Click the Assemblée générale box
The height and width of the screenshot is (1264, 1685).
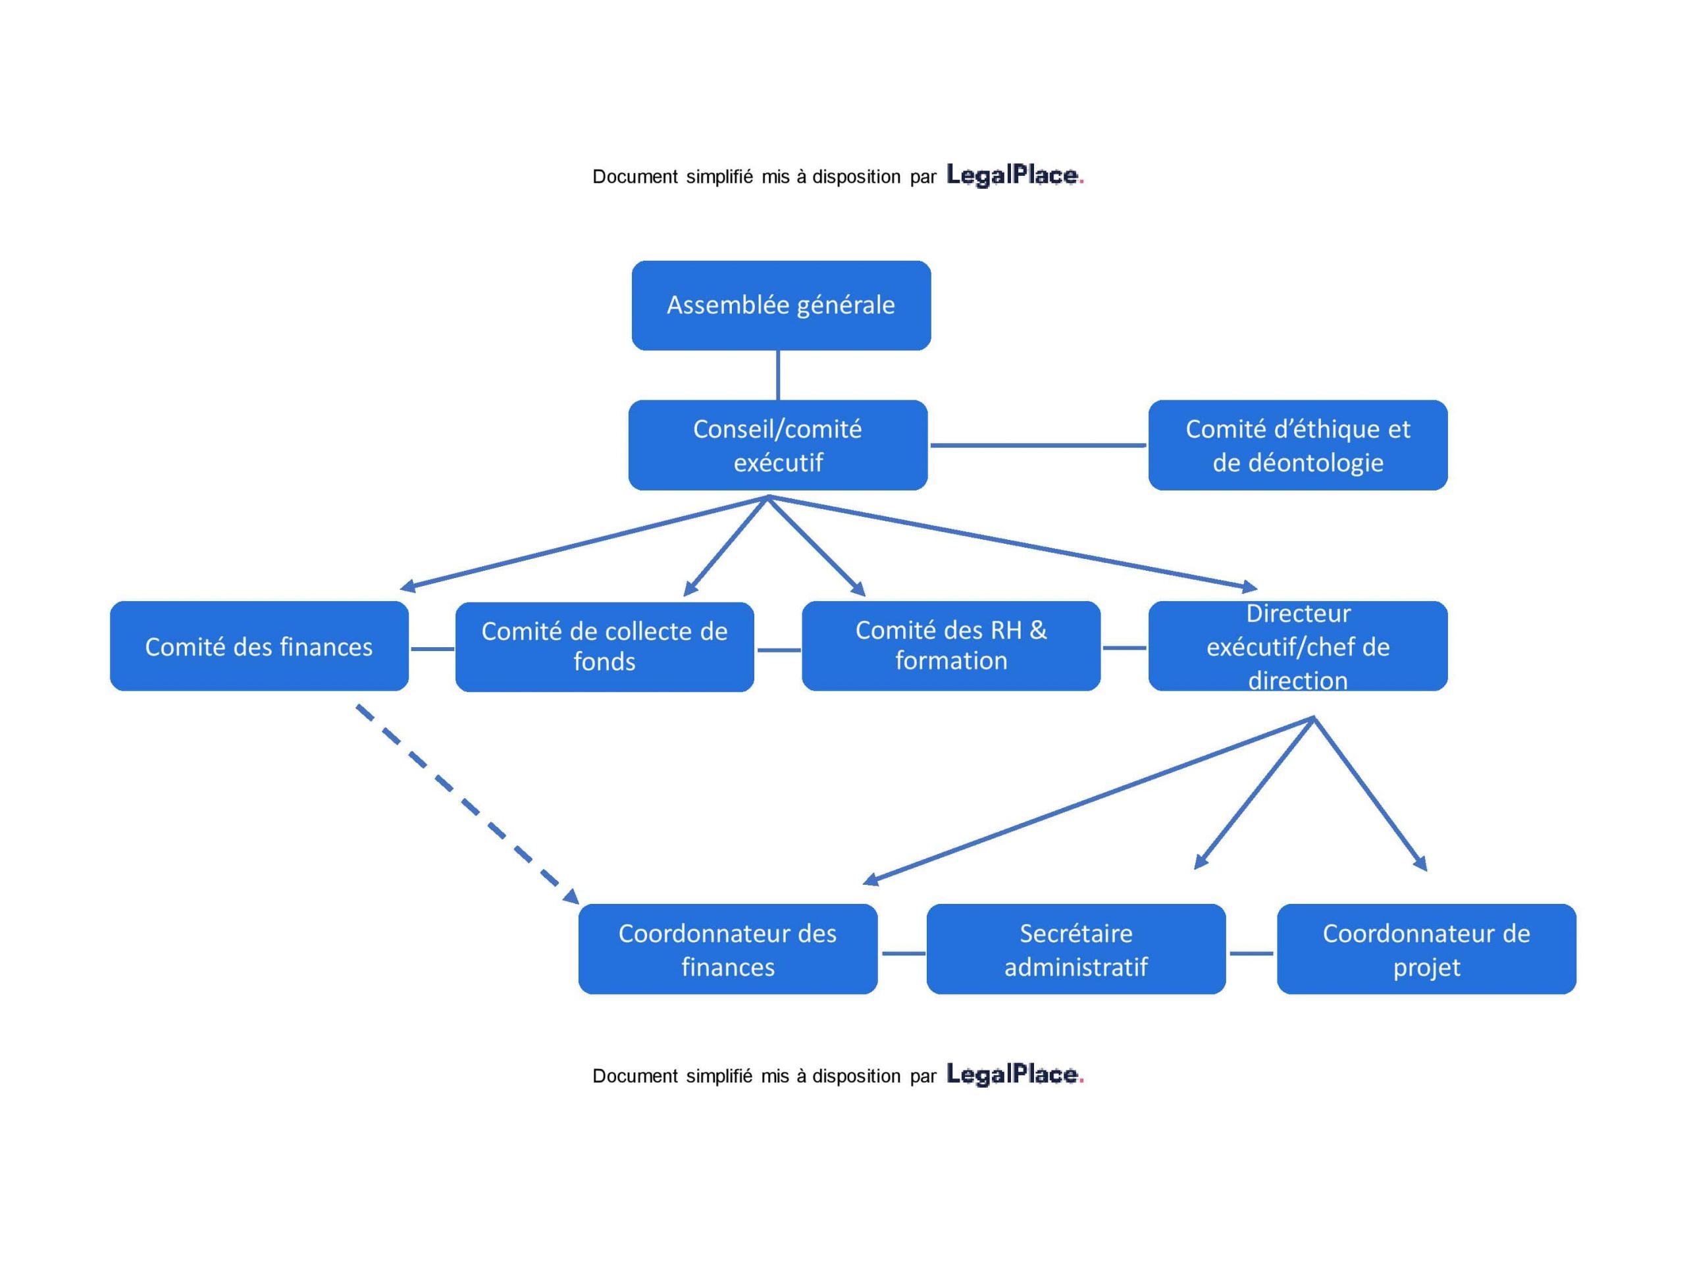[x=781, y=305]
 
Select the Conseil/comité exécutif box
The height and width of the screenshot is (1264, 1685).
[x=778, y=445]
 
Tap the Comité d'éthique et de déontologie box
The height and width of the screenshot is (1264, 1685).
[x=1297, y=445]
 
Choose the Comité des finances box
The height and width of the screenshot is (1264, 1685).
[x=259, y=646]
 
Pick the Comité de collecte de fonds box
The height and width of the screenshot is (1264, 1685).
[x=604, y=646]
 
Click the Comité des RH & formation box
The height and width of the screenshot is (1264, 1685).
[x=950, y=645]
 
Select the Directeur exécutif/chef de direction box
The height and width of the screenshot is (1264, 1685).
[x=1297, y=646]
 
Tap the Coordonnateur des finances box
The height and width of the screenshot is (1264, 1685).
[x=727, y=949]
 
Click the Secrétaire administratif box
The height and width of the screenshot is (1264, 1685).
[x=1076, y=949]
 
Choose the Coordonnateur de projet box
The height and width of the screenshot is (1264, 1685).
[x=1426, y=949]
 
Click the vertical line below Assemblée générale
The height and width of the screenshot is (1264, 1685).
[x=778, y=375]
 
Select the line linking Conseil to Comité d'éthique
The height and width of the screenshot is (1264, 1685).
[x=1037, y=445]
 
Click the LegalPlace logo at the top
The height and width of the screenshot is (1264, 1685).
[x=1014, y=175]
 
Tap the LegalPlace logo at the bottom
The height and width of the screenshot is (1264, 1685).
[x=1014, y=1074]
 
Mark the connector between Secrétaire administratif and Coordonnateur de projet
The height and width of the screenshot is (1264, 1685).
[x=1251, y=953]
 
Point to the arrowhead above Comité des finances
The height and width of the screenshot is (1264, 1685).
[x=407, y=586]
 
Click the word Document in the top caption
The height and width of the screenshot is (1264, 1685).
[x=635, y=176]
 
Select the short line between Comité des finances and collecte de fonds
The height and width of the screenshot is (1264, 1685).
[x=432, y=649]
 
